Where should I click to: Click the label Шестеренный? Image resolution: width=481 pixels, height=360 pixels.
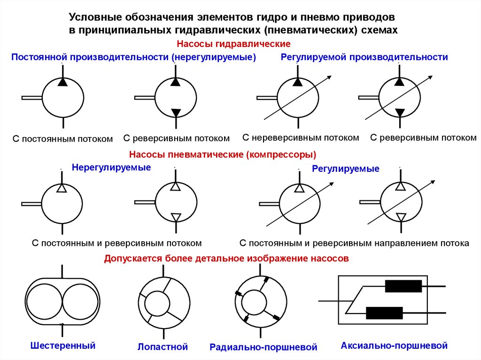[x=62, y=346]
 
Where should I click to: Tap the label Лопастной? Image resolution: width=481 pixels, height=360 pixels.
[x=163, y=347]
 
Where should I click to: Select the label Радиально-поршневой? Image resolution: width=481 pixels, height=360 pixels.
[x=264, y=348]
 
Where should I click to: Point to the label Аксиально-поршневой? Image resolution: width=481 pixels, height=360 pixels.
[x=394, y=346]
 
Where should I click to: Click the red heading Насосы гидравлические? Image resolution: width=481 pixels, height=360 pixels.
[x=233, y=44]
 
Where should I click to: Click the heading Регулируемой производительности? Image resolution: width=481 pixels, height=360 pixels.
[x=364, y=57]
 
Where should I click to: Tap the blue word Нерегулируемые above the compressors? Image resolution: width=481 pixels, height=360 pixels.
[x=111, y=167]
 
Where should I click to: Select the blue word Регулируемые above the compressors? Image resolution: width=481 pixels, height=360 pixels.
[x=346, y=169]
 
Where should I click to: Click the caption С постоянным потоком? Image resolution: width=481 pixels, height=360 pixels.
[x=62, y=139]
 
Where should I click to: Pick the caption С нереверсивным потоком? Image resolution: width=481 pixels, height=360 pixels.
[x=301, y=138]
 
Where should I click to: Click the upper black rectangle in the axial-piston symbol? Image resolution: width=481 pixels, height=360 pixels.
[x=403, y=286]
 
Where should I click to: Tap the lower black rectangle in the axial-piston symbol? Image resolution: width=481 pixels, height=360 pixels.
[x=384, y=313]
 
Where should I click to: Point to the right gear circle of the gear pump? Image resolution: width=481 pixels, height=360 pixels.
[x=80, y=300]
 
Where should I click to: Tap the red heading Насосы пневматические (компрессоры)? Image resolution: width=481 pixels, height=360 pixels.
[x=222, y=154]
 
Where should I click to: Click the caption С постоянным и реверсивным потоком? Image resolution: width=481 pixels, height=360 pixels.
[x=116, y=243]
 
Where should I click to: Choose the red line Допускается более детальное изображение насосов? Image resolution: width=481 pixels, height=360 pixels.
[x=226, y=259]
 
